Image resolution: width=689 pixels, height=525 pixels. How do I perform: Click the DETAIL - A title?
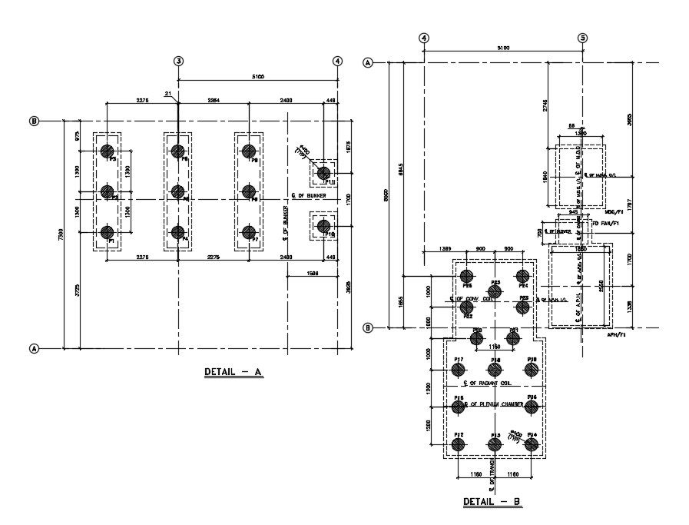pyautogui.click(x=234, y=373)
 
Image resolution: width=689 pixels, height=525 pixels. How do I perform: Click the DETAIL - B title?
pyautogui.click(x=492, y=502)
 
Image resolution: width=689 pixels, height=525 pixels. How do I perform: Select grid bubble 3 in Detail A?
pyautogui.click(x=178, y=61)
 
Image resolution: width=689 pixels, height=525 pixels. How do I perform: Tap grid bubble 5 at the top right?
pyautogui.click(x=582, y=38)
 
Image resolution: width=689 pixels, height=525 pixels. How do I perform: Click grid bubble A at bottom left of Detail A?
pyautogui.click(x=34, y=349)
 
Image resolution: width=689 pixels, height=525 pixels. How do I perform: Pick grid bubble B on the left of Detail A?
pyautogui.click(x=34, y=121)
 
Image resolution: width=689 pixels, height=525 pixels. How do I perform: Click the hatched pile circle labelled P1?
pyautogui.click(x=108, y=232)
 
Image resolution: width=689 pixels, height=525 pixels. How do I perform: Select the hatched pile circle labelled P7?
pyautogui.click(x=248, y=232)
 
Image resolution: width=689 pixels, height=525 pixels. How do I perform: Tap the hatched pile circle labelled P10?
pyautogui.click(x=324, y=225)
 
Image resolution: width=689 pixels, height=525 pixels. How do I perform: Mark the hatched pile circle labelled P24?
pyautogui.click(x=523, y=276)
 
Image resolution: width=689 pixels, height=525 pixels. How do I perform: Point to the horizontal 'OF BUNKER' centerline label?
pyautogui.click(x=310, y=195)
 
